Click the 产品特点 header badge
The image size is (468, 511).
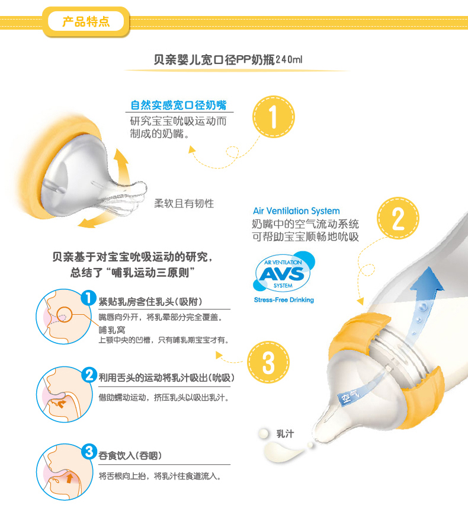pyautogui.click(x=86, y=22)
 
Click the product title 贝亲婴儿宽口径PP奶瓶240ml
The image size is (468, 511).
pyautogui.click(x=228, y=60)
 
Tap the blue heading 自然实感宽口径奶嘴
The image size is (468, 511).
pyautogui.click(x=178, y=106)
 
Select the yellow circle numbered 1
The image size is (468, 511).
pyautogui.click(x=274, y=117)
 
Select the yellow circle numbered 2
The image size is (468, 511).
pyautogui.click(x=398, y=218)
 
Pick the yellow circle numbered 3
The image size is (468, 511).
pyautogui.click(x=268, y=362)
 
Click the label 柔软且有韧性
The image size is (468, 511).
pyautogui.click(x=184, y=204)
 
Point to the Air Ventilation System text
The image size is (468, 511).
pyautogui.click(x=296, y=211)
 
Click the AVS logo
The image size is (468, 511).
pyautogui.click(x=284, y=271)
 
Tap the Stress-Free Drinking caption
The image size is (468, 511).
pyautogui.click(x=284, y=300)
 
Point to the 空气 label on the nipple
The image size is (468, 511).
pyautogui.click(x=350, y=396)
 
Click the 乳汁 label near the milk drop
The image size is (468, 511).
pyautogui.click(x=285, y=434)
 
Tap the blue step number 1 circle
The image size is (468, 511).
pyautogui.click(x=88, y=298)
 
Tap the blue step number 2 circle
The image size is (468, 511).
pyautogui.click(x=89, y=375)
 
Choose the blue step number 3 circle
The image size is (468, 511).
pyautogui.click(x=89, y=452)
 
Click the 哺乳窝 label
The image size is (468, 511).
pyautogui.click(x=112, y=330)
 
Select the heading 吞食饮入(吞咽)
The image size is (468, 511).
pyautogui.click(x=130, y=455)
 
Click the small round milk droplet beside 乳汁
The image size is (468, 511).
pyautogui.click(x=264, y=433)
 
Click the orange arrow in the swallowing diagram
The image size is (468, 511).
pyautogui.click(x=69, y=478)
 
